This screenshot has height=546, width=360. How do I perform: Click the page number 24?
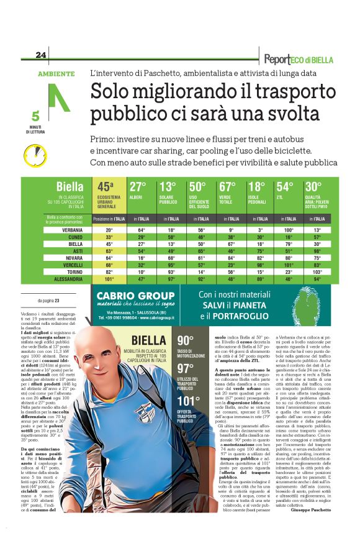coord(41,55)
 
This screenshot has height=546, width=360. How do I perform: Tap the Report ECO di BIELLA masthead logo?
coord(298,60)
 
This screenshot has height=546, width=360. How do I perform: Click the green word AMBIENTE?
coord(56,73)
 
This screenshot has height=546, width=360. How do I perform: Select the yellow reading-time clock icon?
coord(35,154)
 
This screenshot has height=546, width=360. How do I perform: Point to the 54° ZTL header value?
coord(285,186)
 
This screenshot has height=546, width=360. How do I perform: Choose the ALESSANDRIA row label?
coord(64,279)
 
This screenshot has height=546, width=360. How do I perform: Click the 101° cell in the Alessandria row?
coord(109,279)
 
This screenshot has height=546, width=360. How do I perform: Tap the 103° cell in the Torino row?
coord(318,271)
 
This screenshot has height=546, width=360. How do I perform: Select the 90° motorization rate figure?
coord(185,340)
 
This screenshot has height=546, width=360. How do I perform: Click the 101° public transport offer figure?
coord(187,400)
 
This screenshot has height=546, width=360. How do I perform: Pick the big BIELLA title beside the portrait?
coord(149,340)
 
